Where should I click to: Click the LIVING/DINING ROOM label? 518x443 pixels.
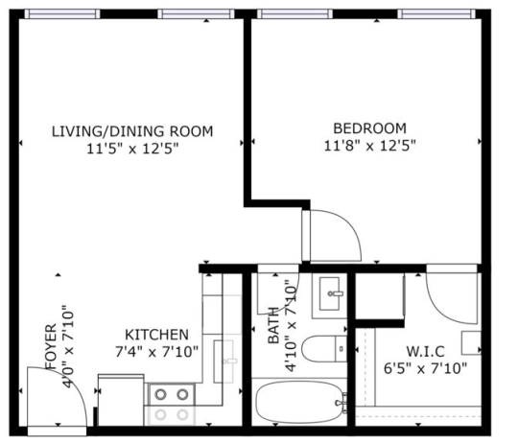click(131, 131)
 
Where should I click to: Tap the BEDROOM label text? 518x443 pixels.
click(369, 128)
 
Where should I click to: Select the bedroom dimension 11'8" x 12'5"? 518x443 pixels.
click(369, 146)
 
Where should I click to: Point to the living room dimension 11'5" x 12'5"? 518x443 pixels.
click(131, 149)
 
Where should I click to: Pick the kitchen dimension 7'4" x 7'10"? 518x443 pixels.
click(156, 351)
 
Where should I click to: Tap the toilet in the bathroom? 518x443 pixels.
click(320, 346)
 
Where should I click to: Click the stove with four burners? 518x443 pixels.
click(171, 403)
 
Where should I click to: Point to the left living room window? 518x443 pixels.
click(61, 13)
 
